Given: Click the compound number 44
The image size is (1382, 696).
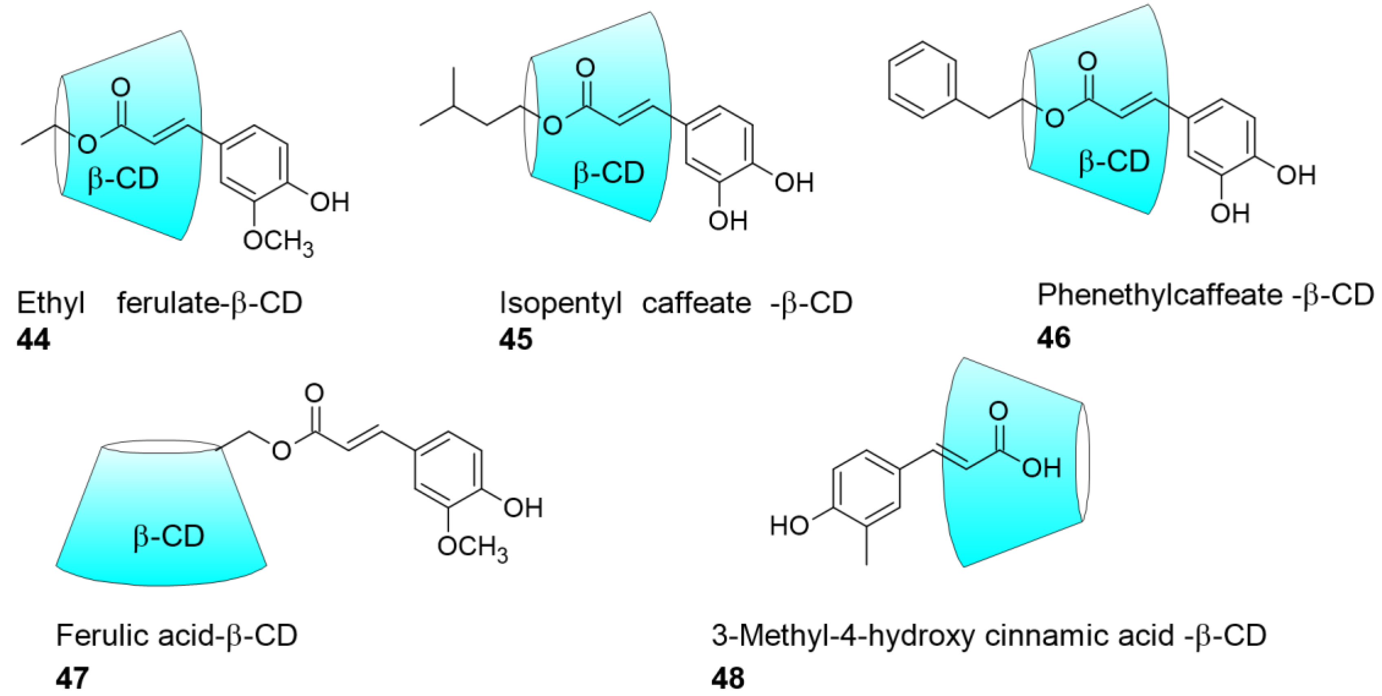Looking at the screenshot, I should tap(33, 339).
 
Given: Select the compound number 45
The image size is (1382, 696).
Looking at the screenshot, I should tap(516, 339).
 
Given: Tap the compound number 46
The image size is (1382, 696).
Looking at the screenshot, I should tap(1054, 337).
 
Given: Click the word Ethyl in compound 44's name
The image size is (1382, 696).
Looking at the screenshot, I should tap(51, 303).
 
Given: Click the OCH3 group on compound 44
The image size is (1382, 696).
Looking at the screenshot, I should tap(278, 242).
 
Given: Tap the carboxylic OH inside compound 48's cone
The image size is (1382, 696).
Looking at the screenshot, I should tap(1041, 468).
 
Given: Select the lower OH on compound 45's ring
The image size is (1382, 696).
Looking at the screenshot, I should tap(728, 220).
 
